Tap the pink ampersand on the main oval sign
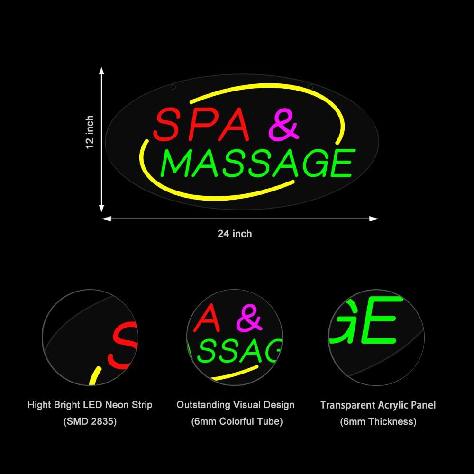pyautogui.click(x=284, y=125)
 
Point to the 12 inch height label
pyautogui.click(x=90, y=132)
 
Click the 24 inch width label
pyautogui.click(x=235, y=234)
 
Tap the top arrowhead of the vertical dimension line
pyautogui.click(x=101, y=71)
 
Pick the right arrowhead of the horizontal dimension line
pyautogui.click(x=374, y=219)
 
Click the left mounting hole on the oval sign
pyautogui.click(x=173, y=87)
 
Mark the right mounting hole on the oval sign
pyautogui.click(x=310, y=87)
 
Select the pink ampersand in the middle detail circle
pyautogui.click(x=249, y=318)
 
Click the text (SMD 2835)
pyautogui.click(x=90, y=421)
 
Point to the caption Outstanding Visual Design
pyautogui.click(x=235, y=405)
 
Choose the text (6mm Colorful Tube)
pyautogui.click(x=237, y=421)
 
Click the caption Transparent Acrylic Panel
pyautogui.click(x=378, y=405)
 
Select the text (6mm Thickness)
pyautogui.click(x=378, y=421)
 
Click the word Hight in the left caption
pyautogui.click(x=39, y=405)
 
